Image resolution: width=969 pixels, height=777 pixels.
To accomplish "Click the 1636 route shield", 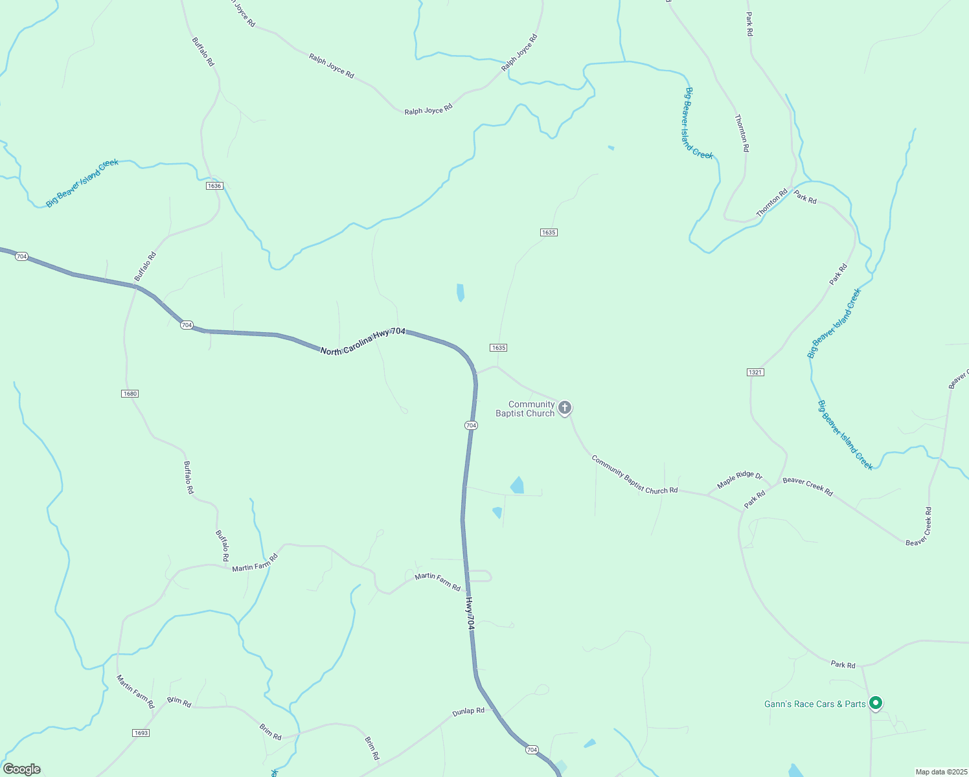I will [214, 186].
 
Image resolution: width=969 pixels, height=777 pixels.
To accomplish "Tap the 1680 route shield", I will [130, 394].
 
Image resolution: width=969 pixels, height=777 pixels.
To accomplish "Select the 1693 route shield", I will [141, 733].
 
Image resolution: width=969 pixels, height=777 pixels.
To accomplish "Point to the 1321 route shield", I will [755, 372].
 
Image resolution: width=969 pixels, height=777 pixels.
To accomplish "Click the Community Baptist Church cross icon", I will [565, 407].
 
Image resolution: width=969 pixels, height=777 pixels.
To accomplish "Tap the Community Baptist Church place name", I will [525, 409].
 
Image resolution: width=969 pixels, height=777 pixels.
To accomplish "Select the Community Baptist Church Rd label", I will [634, 475].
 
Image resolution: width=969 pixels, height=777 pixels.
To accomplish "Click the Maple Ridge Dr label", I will [740, 479].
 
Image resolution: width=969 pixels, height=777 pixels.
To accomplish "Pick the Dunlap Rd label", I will [468, 711].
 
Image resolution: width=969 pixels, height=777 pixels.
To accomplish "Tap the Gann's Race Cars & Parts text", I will [815, 704].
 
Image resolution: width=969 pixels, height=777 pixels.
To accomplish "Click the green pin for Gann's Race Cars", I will [876, 703].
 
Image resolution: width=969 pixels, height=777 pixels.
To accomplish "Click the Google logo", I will [22, 769].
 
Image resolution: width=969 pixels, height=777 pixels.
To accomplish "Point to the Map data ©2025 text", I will [940, 772].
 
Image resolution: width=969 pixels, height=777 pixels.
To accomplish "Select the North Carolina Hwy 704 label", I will [363, 341].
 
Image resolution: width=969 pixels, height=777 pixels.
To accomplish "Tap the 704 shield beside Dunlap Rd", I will [532, 750].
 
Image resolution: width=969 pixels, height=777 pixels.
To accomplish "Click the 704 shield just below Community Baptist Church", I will [471, 425].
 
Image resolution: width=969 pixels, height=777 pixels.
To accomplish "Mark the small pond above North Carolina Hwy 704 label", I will [461, 292].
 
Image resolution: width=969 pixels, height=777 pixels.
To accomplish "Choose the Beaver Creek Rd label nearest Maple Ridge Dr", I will [807, 486].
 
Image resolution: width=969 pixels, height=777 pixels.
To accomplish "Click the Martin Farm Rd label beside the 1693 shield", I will [135, 691].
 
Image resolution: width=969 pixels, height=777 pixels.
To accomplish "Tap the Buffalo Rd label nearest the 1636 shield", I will [203, 51].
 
